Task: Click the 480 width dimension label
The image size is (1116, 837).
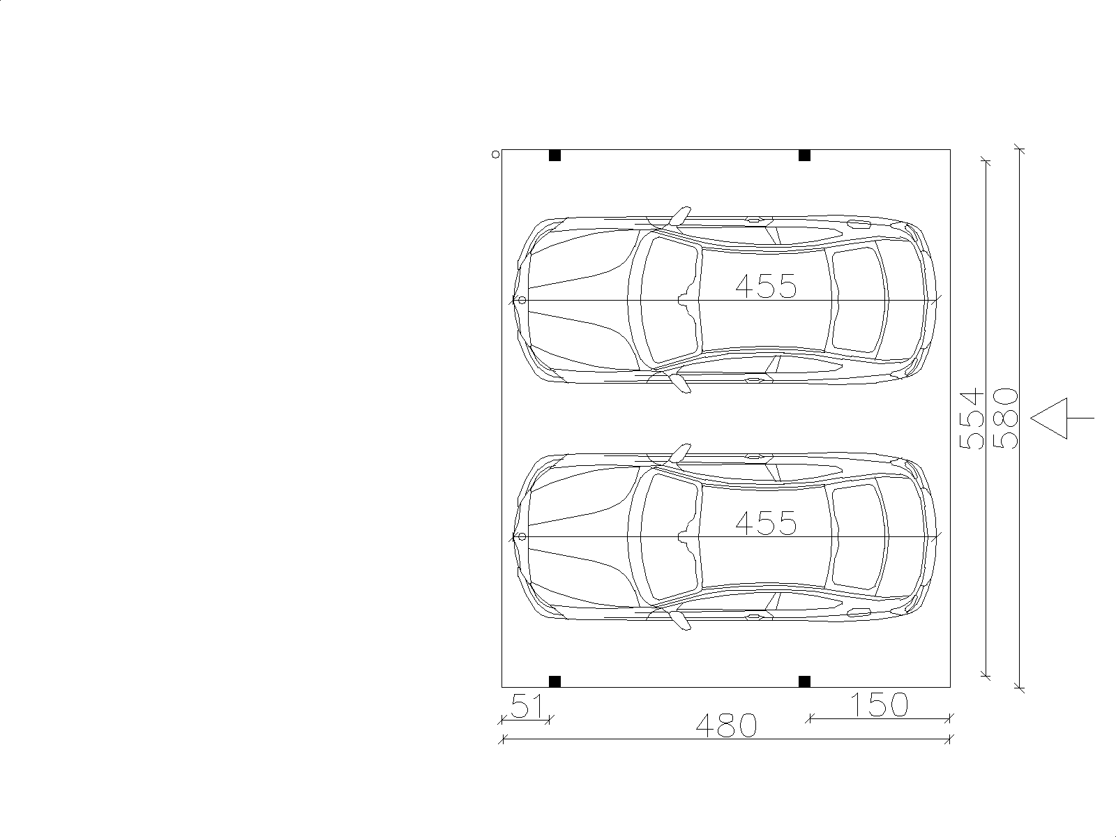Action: (x=726, y=725)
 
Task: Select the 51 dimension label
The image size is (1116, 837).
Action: (x=527, y=706)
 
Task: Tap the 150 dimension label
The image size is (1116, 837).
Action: (x=879, y=704)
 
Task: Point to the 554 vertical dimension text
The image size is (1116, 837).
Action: (x=971, y=419)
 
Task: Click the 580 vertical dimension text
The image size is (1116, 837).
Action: (x=1006, y=418)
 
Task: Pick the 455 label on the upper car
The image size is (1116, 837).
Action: (x=766, y=285)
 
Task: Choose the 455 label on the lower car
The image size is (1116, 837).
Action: (x=766, y=523)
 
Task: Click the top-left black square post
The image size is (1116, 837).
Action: (x=555, y=156)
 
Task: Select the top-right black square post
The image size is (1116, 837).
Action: (x=804, y=156)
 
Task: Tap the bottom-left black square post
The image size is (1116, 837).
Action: (x=555, y=681)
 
